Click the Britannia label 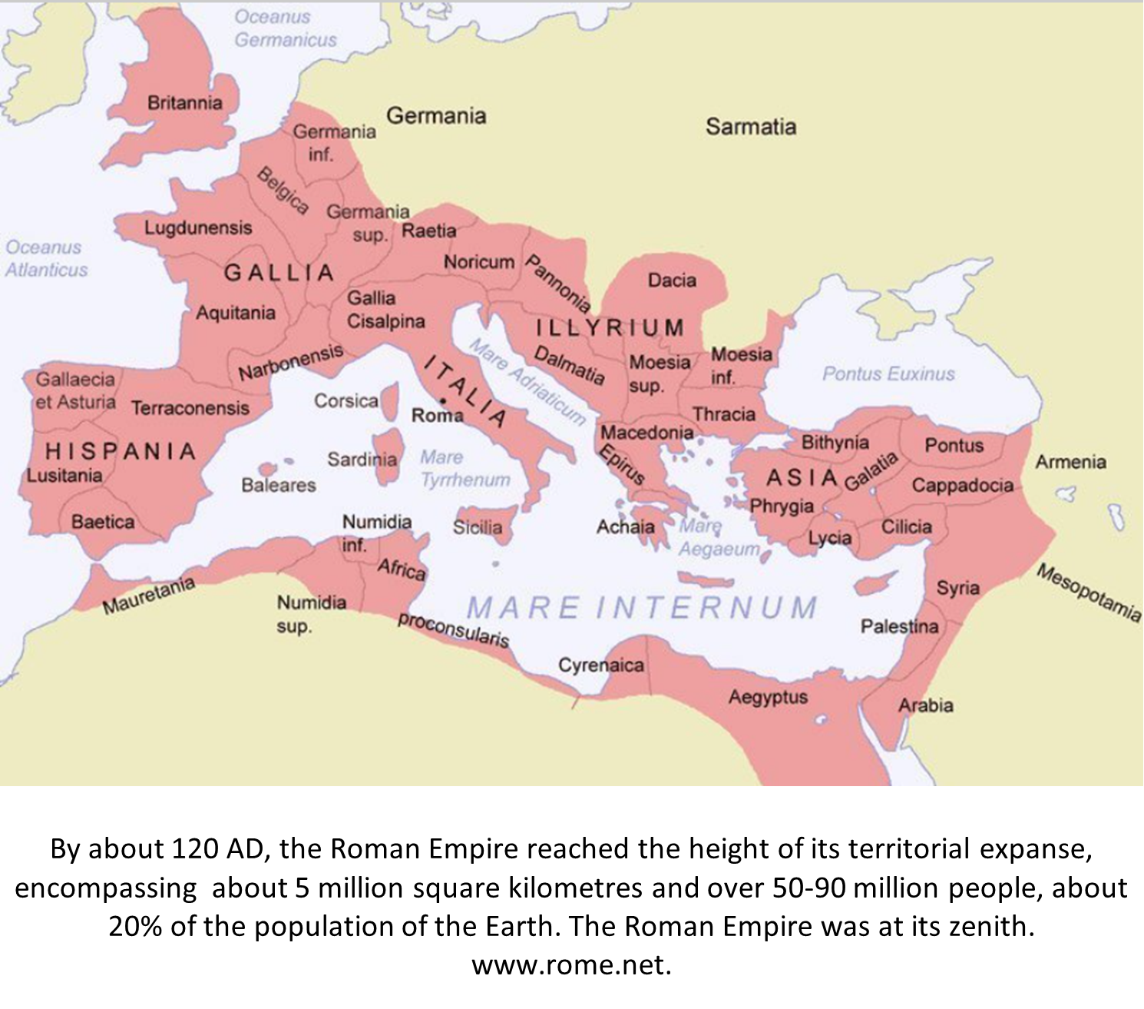click(184, 103)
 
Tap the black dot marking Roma click(443, 401)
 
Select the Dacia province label click(672, 280)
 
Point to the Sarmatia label click(750, 127)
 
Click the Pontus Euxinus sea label click(888, 374)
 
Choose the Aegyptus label click(768, 698)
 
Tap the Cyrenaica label click(600, 665)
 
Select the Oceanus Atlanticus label click(46, 258)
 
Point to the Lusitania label click(64, 476)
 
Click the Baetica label click(103, 523)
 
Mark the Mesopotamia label click(1089, 592)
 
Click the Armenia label click(1070, 463)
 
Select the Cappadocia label click(962, 486)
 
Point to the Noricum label click(479, 262)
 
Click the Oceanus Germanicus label click(285, 28)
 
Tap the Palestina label click(899, 627)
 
